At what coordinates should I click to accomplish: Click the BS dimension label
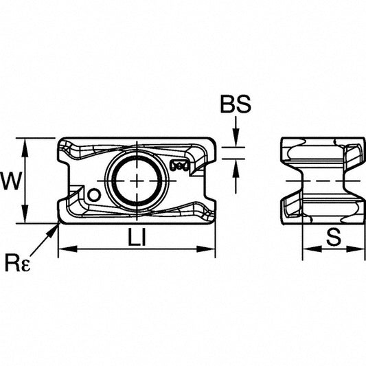[236, 104]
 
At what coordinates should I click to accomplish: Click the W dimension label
[11, 181]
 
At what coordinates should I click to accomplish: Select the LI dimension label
[137, 237]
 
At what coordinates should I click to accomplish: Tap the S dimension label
[334, 237]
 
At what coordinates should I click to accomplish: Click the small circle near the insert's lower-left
[94, 195]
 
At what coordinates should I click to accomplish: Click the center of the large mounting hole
[137, 181]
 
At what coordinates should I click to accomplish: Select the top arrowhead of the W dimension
[25, 148]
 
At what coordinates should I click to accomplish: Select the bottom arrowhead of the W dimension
[25, 214]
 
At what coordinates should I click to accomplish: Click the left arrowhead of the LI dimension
[68, 249]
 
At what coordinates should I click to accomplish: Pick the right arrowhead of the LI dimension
[205, 249]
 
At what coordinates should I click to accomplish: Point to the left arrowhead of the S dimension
[312, 249]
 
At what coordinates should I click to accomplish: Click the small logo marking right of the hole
[179, 165]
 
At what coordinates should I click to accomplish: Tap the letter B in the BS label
[228, 104]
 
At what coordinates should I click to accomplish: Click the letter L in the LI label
[134, 237]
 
